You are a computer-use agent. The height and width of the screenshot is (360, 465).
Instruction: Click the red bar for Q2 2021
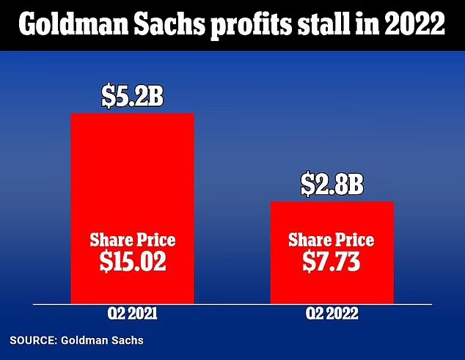tap(133, 208)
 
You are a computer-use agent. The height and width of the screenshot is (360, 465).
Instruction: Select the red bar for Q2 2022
tap(332, 253)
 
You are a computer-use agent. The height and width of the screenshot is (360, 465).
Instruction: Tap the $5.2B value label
tap(132, 97)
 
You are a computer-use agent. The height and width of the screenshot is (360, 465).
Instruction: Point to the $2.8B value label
tap(332, 185)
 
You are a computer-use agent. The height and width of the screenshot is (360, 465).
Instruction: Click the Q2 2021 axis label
tap(132, 314)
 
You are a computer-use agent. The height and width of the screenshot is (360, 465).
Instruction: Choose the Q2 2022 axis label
tap(332, 314)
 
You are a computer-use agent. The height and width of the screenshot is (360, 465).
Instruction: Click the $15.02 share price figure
tap(133, 262)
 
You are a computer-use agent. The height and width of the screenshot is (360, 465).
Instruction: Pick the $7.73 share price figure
tap(332, 262)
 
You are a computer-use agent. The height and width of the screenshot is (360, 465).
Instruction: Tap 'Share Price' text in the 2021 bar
tap(133, 240)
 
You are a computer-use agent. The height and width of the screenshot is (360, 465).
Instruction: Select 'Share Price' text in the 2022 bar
tap(332, 240)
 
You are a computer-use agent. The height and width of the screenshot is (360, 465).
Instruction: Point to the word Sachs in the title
tap(169, 24)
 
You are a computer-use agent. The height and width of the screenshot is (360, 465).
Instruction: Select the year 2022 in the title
tap(414, 24)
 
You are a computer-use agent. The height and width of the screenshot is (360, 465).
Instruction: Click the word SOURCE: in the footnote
tap(33, 340)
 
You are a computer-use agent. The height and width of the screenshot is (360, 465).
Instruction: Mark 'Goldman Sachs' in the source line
tap(102, 340)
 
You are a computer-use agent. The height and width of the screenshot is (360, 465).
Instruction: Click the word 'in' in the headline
tap(367, 24)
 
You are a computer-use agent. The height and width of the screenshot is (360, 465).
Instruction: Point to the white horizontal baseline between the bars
tap(232, 304)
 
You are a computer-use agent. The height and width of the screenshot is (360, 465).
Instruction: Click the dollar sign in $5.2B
tap(108, 98)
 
